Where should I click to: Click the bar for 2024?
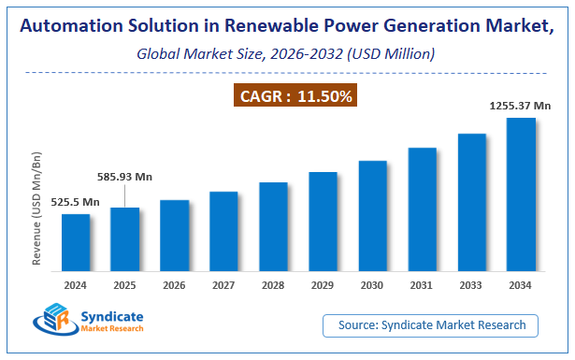tap(76, 241)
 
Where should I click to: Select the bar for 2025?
tap(125, 238)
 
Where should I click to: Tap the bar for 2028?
tap(273, 225)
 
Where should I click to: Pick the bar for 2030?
tap(373, 214)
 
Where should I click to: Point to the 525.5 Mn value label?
tap(76, 202)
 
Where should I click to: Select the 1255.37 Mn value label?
tap(520, 107)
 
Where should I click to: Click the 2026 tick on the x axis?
tap(175, 283)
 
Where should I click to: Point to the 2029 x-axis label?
tap(323, 283)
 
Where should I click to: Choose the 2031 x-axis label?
tap(422, 283)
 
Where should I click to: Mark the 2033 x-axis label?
tap(471, 283)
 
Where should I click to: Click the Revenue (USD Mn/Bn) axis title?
tap(37, 212)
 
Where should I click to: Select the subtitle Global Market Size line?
tap(287, 53)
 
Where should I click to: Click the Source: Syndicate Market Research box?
tap(431, 325)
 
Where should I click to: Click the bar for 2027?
tap(224, 230)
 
